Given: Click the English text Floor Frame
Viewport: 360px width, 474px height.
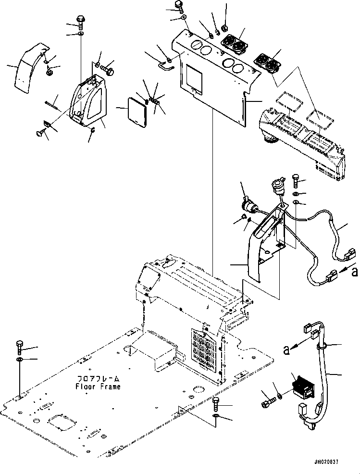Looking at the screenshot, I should pyautogui.click(x=98, y=387).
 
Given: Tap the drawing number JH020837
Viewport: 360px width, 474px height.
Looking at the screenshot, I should pyautogui.click(x=327, y=462).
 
